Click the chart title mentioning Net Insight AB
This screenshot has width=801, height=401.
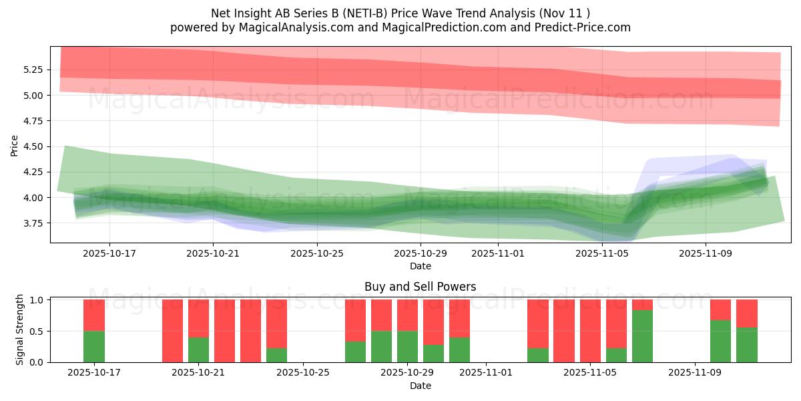400,13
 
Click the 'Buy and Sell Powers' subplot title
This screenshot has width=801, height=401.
420,287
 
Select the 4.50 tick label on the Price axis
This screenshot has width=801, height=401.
33,146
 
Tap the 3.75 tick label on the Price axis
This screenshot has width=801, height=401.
33,223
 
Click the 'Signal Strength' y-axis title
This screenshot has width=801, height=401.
20,329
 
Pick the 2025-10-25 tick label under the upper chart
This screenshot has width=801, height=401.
316,253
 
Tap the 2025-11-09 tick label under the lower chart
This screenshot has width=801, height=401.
695,372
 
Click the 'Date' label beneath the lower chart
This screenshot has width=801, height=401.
420,386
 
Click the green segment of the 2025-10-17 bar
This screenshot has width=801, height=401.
94,346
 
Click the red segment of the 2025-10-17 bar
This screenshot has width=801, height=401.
94,315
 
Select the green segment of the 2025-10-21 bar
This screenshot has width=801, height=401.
198,350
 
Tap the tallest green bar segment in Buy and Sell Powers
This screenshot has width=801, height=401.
642,336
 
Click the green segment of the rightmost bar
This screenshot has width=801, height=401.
747,345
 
